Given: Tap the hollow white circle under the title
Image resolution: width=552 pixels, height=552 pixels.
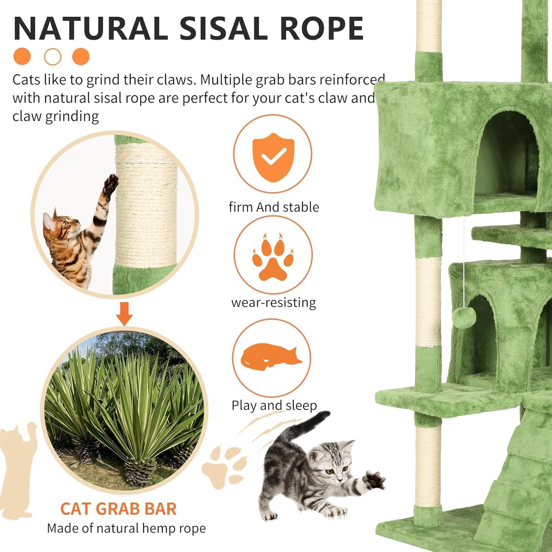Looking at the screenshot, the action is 53,57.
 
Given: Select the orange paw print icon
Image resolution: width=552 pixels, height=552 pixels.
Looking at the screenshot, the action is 273,257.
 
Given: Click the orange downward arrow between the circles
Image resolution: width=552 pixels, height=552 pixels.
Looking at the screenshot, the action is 125,314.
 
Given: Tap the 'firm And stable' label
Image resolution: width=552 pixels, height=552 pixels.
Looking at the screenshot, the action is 274,207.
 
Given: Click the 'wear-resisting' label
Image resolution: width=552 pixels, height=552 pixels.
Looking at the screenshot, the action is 273,303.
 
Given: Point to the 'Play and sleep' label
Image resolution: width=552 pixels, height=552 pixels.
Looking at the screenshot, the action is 274,405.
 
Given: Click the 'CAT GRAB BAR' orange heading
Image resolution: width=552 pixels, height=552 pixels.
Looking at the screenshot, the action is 118,509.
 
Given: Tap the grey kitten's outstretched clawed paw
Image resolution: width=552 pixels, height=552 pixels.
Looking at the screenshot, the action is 374,479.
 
